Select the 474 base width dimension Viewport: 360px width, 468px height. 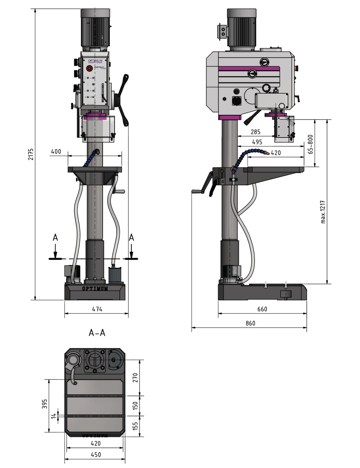click(97, 309)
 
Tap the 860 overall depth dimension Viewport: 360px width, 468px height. click(250, 323)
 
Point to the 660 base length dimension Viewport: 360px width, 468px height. click(262, 309)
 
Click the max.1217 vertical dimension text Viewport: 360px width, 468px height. click(323, 212)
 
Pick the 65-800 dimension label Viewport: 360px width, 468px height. click(310, 144)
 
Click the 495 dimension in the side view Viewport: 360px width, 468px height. click(257, 142)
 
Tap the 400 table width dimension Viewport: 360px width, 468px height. click(56, 152)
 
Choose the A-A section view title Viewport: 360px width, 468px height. click(97, 333)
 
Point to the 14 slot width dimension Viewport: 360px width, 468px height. click(54, 416)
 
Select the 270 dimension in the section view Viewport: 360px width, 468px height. click(135, 378)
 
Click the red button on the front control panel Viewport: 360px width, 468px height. click(89, 68)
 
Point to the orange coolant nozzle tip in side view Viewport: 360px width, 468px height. click(266, 153)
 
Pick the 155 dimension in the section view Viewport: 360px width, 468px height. click(135, 427)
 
